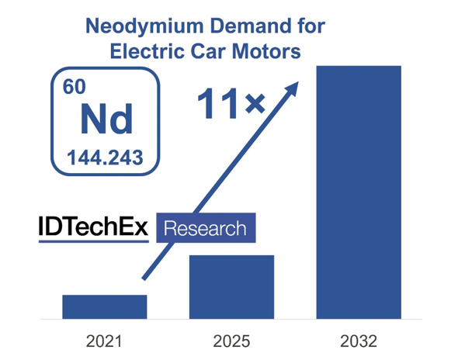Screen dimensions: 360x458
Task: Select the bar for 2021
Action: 104,306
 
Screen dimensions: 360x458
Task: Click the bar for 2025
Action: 231,286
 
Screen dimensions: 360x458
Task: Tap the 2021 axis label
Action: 104,341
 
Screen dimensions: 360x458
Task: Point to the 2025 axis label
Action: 231,341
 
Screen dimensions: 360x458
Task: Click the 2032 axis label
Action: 359,341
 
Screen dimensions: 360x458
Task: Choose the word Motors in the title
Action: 266,52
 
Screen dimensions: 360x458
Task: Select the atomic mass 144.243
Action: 105,157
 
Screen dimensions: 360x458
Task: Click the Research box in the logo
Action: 206,228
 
